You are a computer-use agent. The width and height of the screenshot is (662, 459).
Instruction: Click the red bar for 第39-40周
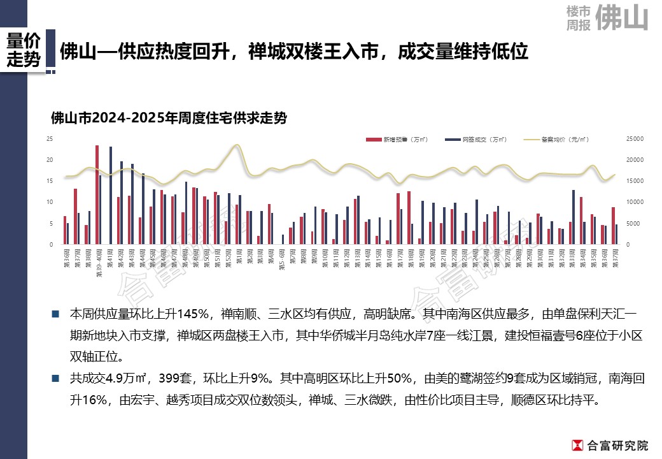click(x=97, y=194)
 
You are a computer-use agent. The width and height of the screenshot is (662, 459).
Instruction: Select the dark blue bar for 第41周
click(x=111, y=195)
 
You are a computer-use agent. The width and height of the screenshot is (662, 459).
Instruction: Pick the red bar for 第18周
click(x=409, y=217)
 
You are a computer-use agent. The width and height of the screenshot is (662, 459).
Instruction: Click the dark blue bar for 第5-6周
click(x=283, y=239)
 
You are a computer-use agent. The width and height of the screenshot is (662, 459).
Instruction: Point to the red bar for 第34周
click(x=581, y=221)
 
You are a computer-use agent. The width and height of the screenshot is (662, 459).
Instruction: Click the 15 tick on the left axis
click(x=49, y=181)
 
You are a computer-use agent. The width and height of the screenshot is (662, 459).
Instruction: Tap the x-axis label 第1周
click(x=238, y=259)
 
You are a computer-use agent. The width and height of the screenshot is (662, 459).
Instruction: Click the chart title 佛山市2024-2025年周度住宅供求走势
click(x=168, y=119)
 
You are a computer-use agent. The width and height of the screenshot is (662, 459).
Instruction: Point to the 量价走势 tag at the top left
click(x=24, y=50)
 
